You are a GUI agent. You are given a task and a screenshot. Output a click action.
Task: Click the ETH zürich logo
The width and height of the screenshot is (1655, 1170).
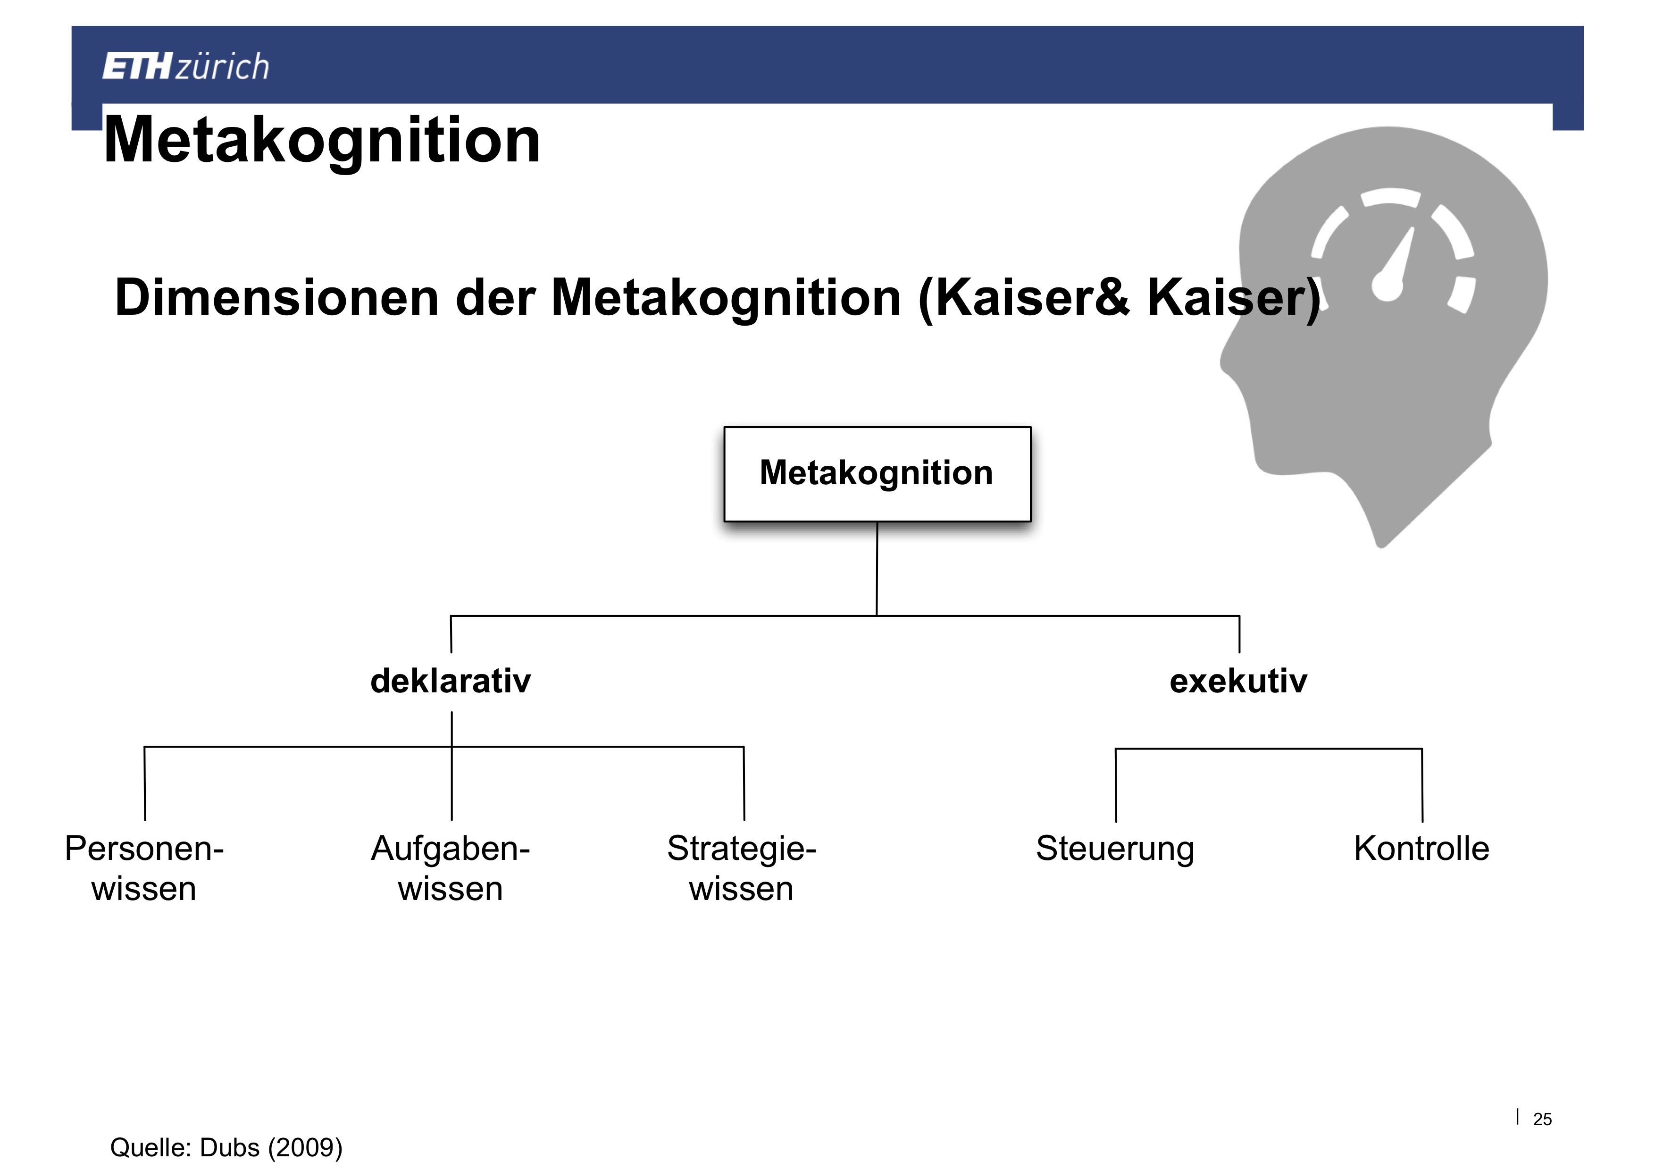(x=186, y=67)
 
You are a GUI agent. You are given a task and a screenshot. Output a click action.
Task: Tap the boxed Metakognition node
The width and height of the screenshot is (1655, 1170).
(x=877, y=474)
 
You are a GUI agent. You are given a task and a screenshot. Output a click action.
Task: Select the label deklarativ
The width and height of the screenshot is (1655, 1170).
(x=451, y=681)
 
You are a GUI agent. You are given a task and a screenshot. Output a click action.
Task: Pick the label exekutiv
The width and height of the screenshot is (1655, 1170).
(x=1238, y=681)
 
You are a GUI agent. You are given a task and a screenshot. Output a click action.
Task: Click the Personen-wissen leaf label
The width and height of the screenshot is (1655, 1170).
(x=144, y=868)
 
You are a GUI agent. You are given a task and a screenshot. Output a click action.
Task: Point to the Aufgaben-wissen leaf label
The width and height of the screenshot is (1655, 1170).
(x=451, y=868)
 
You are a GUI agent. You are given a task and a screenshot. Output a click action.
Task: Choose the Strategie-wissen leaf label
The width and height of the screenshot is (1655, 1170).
(x=742, y=868)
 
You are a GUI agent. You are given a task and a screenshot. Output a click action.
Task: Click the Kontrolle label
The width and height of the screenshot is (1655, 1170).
(x=1421, y=849)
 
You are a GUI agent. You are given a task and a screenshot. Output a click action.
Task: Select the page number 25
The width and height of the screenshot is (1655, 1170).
(x=1543, y=1119)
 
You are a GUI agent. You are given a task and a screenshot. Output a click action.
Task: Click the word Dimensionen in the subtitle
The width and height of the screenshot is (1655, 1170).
(x=277, y=298)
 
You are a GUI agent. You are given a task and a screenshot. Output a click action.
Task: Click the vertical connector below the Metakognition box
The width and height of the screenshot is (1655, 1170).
(x=877, y=569)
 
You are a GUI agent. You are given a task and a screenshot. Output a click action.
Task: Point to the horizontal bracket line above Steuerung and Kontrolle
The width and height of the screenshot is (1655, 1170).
(x=1269, y=749)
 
